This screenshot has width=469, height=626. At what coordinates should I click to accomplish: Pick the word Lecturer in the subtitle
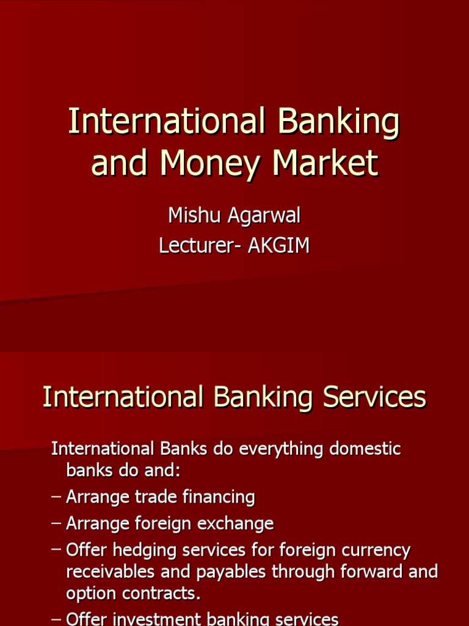tap(193, 245)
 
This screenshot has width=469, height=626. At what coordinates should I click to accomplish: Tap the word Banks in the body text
tap(181, 449)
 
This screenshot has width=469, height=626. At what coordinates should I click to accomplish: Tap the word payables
tap(234, 572)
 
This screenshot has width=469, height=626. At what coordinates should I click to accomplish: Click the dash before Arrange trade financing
tap(56, 497)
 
